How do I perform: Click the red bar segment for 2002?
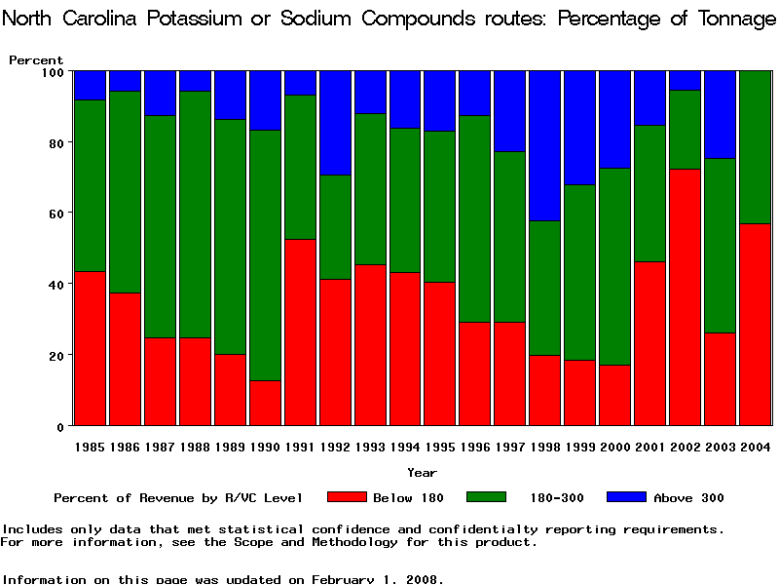tap(686, 297)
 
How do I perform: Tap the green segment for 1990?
tap(265, 255)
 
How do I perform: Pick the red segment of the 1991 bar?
tap(300, 332)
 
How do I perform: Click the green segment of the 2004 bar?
tap(756, 147)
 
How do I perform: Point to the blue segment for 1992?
tap(335, 123)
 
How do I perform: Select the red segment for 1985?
tap(90, 348)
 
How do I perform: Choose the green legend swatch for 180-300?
tap(486, 497)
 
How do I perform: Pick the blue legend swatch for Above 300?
tap(626, 497)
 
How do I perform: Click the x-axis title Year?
tap(422, 473)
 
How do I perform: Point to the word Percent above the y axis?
tap(36, 60)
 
